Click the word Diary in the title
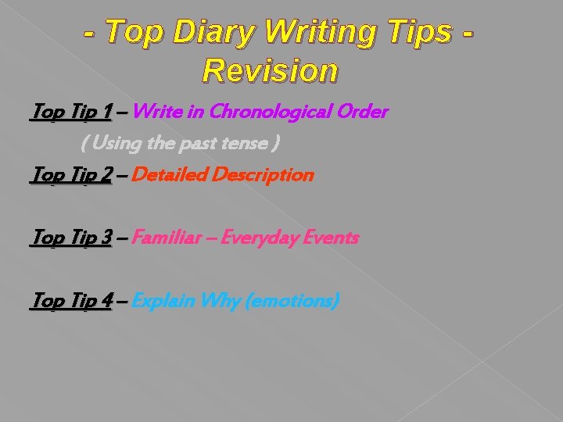click(221, 33)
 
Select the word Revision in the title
click(270, 70)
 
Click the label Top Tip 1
click(70, 113)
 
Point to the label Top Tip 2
click(70, 175)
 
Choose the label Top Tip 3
click(70, 238)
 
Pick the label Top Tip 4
click(70, 300)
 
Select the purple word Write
click(157, 113)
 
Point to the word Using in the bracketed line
click(115, 145)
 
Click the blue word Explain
click(164, 300)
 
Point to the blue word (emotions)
click(292, 300)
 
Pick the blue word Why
click(221, 300)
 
